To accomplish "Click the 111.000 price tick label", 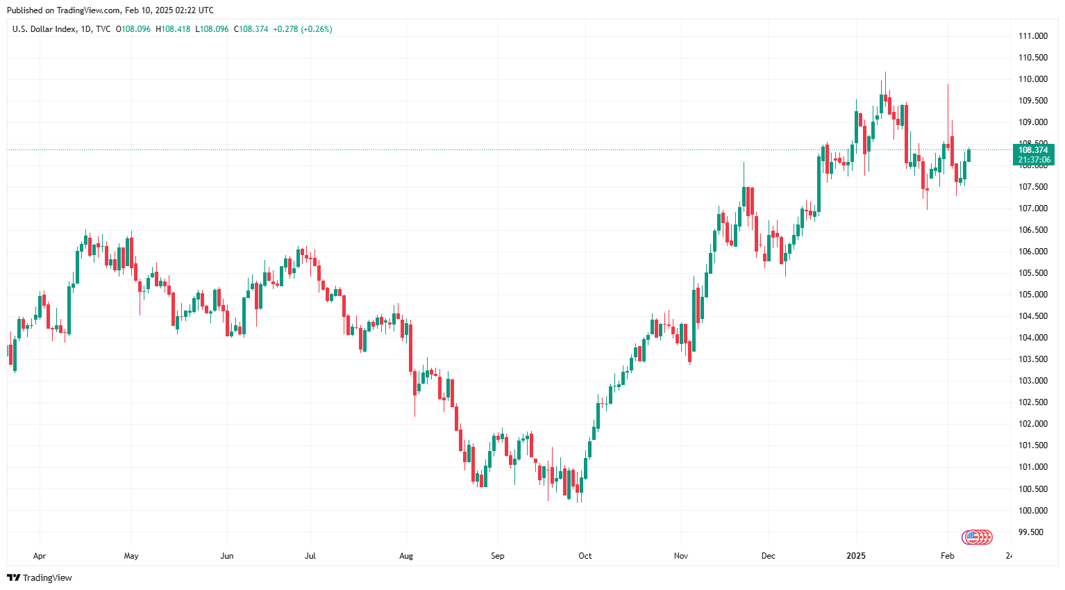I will click(x=1032, y=36).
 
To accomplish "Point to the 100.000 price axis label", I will click(x=1032, y=511).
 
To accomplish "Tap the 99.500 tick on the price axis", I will click(x=1030, y=532).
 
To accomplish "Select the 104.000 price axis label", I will click(x=1032, y=338).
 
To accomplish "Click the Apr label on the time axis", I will click(x=40, y=556).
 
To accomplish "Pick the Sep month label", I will click(x=497, y=556).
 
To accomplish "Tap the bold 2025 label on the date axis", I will click(x=855, y=556).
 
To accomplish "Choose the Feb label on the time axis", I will click(x=947, y=556).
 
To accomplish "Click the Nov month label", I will click(x=680, y=556).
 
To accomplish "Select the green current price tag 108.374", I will click(x=1032, y=150).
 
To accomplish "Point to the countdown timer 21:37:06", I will click(x=1034, y=160).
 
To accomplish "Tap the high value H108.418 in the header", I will click(x=173, y=29).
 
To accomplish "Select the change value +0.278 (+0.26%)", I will click(x=303, y=29).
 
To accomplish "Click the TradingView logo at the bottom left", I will click(x=40, y=577).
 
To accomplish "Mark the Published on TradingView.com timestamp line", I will click(x=110, y=10).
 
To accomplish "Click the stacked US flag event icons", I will click(x=977, y=536).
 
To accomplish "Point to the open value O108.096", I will click(x=133, y=29).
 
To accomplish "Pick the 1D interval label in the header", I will click(x=86, y=29).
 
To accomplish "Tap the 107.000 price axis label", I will click(x=1032, y=208).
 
